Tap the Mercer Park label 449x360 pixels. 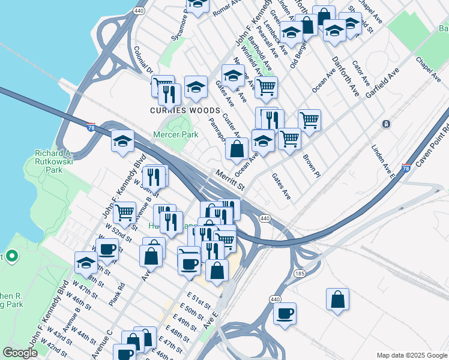tap(175, 135)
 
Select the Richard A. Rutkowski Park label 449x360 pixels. tap(53, 161)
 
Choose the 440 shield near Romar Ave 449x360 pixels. tap(139, 11)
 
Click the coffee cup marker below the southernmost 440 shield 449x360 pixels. tap(285, 313)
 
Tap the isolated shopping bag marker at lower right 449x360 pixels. tap(338, 299)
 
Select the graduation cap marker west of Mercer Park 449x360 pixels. tap(122, 142)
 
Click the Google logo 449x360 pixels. tap(19, 353)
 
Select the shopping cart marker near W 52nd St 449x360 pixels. tap(124, 212)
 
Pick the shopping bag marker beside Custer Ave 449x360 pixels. tap(237, 149)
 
